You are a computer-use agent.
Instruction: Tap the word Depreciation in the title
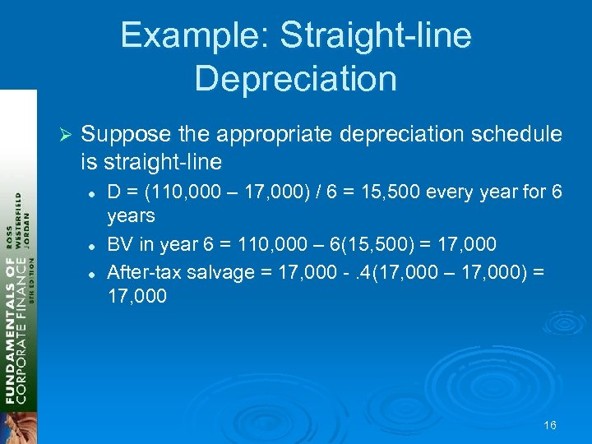point(296,78)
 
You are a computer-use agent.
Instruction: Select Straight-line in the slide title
point(376,35)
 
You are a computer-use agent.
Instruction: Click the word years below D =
point(131,216)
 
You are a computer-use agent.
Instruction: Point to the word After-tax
point(144,272)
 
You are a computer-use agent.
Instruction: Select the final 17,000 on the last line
point(137,296)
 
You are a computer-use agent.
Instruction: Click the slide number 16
point(550,425)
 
